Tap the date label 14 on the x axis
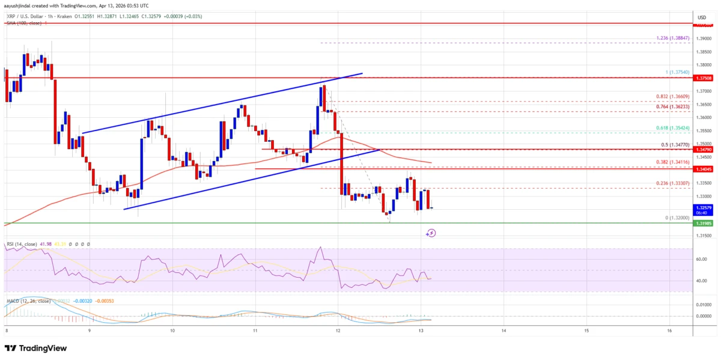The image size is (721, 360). [x=503, y=330]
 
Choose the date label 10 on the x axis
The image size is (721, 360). [x=172, y=330]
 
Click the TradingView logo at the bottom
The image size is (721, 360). [x=36, y=348]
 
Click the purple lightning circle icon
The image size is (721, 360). [x=431, y=233]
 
